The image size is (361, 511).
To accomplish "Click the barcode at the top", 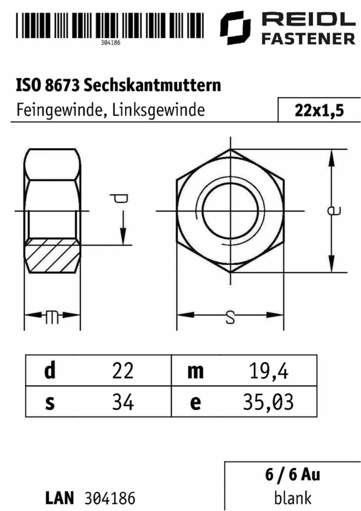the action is pyautogui.click(x=109, y=25).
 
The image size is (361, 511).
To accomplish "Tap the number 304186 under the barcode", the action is pyautogui.click(x=110, y=43).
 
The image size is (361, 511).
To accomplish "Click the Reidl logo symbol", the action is pyautogui.click(x=235, y=27).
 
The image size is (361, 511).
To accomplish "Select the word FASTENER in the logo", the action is pyautogui.click(x=308, y=38).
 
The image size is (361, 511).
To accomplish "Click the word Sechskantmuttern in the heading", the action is pyautogui.click(x=152, y=86).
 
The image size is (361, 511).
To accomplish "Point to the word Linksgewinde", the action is pyautogui.click(x=158, y=111).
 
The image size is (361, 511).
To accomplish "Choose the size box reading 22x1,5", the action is pyautogui.click(x=319, y=110).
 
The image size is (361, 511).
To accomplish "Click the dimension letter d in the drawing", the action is pyautogui.click(x=119, y=198).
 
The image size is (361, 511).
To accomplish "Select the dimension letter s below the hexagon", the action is pyautogui.click(x=230, y=318).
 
